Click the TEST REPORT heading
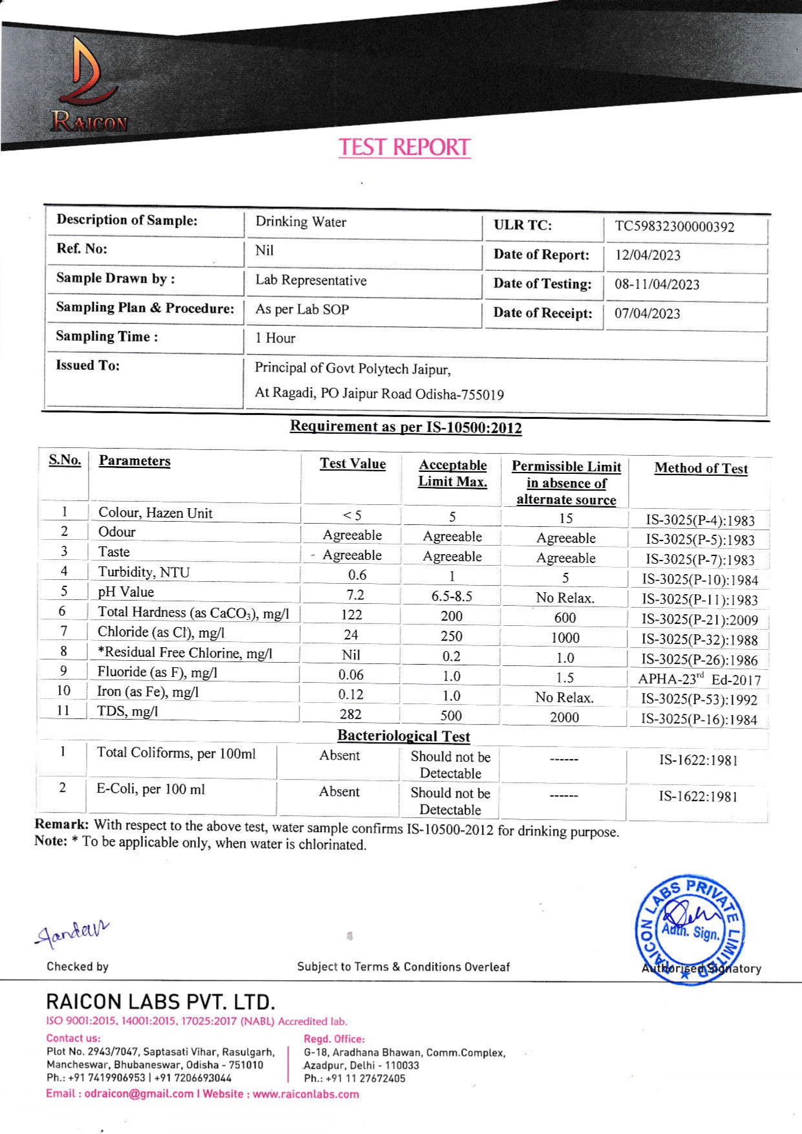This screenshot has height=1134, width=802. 404,147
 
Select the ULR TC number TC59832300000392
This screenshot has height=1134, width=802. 675,226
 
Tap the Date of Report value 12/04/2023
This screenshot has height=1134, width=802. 647,255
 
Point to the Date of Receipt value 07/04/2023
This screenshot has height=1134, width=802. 647,314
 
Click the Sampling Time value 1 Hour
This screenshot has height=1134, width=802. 275,338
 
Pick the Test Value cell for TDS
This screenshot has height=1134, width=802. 351,714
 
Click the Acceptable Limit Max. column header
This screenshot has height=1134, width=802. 452,473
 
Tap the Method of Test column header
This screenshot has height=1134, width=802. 700,468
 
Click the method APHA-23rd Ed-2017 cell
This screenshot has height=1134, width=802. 699,679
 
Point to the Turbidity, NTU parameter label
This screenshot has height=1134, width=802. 144,572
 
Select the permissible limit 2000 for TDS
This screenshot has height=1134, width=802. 565,717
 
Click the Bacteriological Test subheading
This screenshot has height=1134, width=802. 404,736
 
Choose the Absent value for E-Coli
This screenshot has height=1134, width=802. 339,791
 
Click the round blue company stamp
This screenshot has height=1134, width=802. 689,930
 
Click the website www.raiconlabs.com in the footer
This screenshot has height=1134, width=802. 305,1094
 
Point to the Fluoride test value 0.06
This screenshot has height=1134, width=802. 351,674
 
